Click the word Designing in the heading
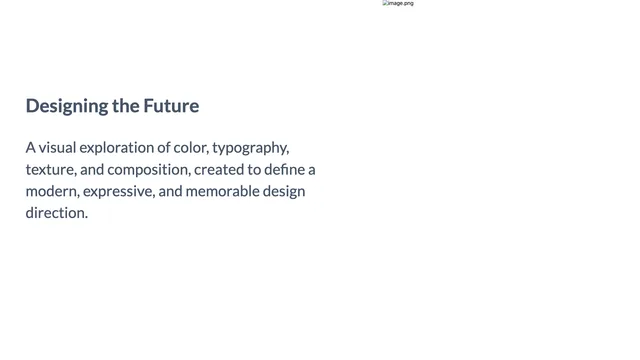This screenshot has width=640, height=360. pyautogui.click(x=67, y=106)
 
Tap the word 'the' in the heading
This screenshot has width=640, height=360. pyautogui.click(x=126, y=106)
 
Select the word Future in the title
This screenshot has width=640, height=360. pyautogui.click(x=171, y=106)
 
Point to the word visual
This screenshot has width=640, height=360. pyautogui.click(x=57, y=147)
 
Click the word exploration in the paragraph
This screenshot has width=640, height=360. pyautogui.click(x=117, y=148)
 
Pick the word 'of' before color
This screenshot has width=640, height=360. pyautogui.click(x=164, y=147)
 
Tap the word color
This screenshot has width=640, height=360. pyautogui.click(x=191, y=148)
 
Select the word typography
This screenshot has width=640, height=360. pyautogui.click(x=251, y=148)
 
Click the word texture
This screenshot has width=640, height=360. pyautogui.click(x=51, y=170)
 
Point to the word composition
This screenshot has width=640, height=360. pyautogui.click(x=149, y=170)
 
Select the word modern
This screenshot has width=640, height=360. pyautogui.click(x=52, y=191)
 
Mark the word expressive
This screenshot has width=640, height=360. pyautogui.click(x=119, y=192)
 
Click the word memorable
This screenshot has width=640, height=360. pyautogui.click(x=222, y=191)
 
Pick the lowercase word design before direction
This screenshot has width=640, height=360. pyautogui.click(x=284, y=192)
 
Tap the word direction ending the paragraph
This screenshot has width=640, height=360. pyautogui.click(x=57, y=213)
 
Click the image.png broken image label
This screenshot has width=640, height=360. pyautogui.click(x=398, y=3)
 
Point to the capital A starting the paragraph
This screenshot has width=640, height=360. pyautogui.click(x=31, y=147)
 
